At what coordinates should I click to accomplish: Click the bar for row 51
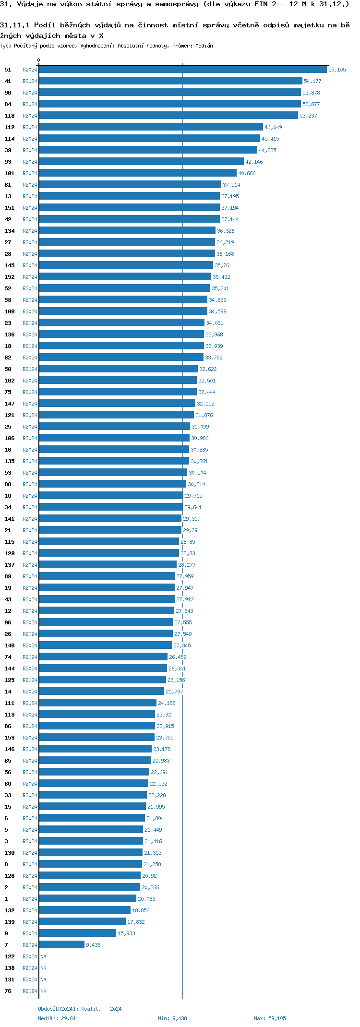coord(182,70)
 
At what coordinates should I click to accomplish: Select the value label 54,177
coord(312,81)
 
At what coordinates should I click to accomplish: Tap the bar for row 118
coord(168,116)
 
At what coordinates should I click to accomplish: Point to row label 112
coord(10,127)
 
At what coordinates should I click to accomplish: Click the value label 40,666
coord(247,173)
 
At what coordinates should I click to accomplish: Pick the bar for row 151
coord(129,208)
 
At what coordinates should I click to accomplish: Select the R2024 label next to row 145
coord(30,265)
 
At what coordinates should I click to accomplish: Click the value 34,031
coord(215,323)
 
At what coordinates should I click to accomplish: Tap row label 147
coord(10,404)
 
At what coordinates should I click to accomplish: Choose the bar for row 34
coord(111,507)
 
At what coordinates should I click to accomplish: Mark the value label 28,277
coord(187,565)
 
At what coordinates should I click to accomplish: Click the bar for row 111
coord(97,703)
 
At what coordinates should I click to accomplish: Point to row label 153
coord(10,738)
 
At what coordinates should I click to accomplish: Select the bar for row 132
coord(84,910)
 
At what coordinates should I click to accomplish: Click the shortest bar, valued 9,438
coord(61,945)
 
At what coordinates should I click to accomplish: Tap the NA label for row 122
coord(43,956)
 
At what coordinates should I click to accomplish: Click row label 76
coord(8,991)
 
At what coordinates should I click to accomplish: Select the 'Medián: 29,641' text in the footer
coord(58,1018)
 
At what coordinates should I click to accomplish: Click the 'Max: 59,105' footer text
coord(270,1018)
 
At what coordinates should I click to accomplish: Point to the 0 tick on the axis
coord(39,60)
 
